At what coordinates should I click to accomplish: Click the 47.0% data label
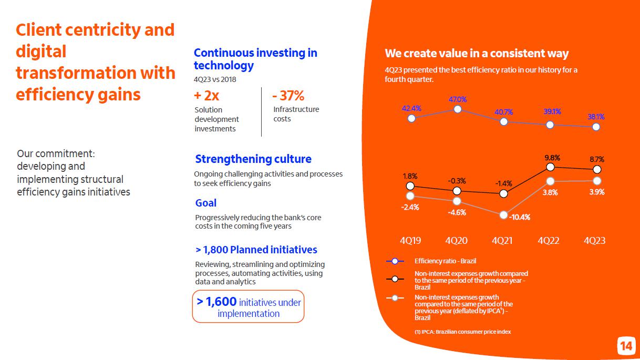[457, 99]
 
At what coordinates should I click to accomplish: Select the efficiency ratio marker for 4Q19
[411, 118]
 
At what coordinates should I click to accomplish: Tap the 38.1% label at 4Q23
[596, 117]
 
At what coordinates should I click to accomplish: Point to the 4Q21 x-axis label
[502, 241]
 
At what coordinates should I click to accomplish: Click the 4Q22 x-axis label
[549, 241]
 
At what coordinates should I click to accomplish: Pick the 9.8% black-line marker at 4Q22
[550, 167]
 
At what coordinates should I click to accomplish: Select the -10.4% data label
[519, 217]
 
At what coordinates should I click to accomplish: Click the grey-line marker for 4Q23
[597, 181]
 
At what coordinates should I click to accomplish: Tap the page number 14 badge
[626, 346]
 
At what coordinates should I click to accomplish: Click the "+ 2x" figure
[207, 96]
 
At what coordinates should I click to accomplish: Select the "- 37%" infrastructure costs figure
[288, 96]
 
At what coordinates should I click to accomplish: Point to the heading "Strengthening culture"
[253, 159]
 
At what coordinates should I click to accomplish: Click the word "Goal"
[205, 203]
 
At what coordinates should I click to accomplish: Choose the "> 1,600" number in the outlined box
[216, 302]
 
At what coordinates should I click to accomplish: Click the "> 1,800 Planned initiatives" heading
[256, 250]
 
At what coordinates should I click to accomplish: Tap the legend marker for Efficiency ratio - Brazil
[395, 261]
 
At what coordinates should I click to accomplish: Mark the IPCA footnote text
[462, 332]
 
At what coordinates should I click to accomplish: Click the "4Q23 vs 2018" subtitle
[215, 79]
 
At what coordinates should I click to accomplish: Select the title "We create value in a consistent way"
[477, 53]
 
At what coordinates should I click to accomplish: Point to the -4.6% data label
[457, 212]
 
